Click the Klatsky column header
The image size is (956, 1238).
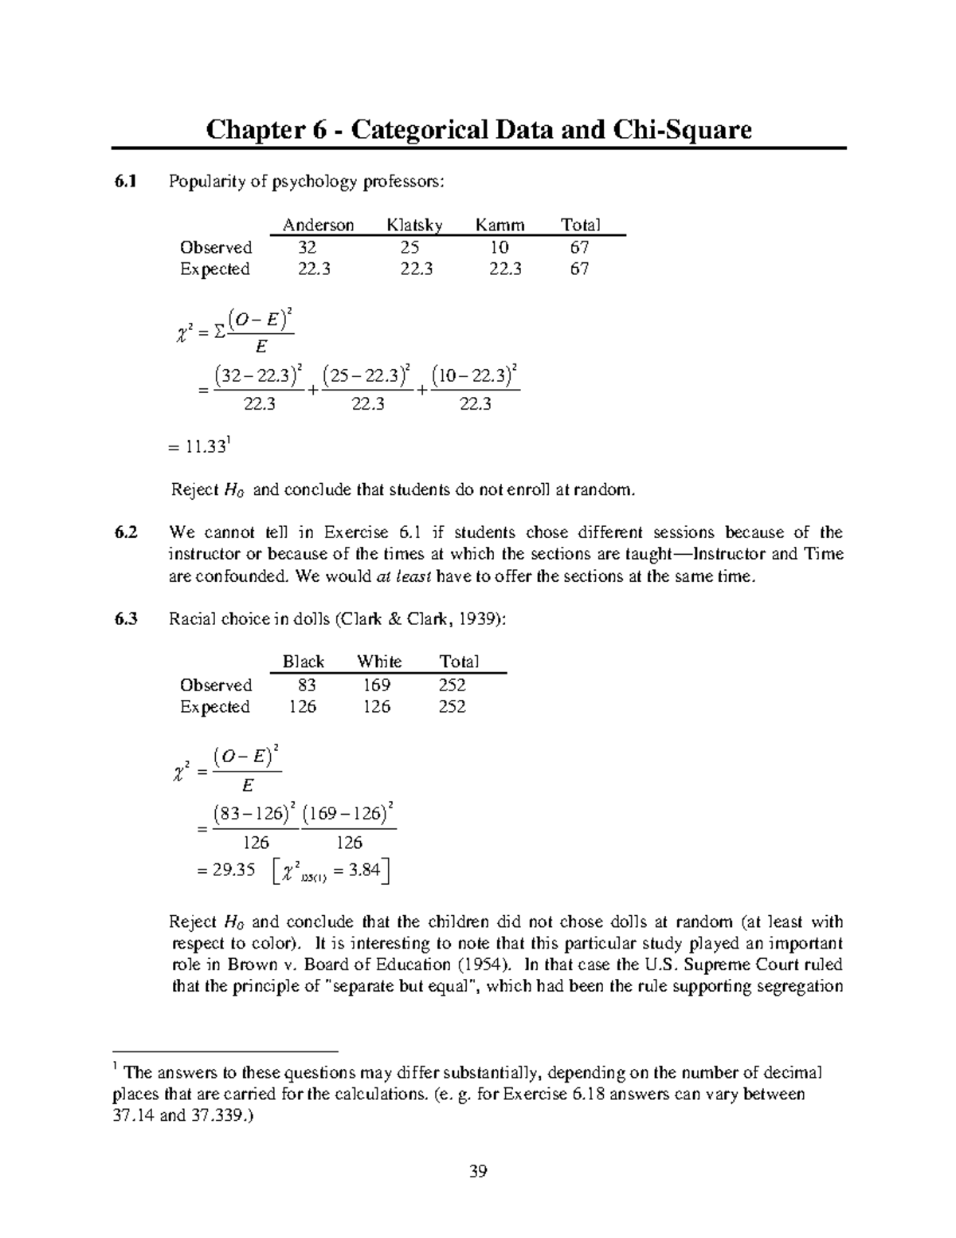coord(414,225)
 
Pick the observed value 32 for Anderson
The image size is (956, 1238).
coord(307,247)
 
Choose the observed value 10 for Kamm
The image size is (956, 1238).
coord(500,247)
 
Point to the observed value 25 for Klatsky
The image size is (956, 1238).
coord(409,247)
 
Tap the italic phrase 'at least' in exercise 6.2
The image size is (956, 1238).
coord(403,576)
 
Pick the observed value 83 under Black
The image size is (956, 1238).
coord(307,685)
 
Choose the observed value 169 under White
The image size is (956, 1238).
coord(377,685)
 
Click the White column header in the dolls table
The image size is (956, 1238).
coord(379,662)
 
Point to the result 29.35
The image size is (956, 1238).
coord(233,871)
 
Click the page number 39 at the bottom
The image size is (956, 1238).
coord(478,1171)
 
